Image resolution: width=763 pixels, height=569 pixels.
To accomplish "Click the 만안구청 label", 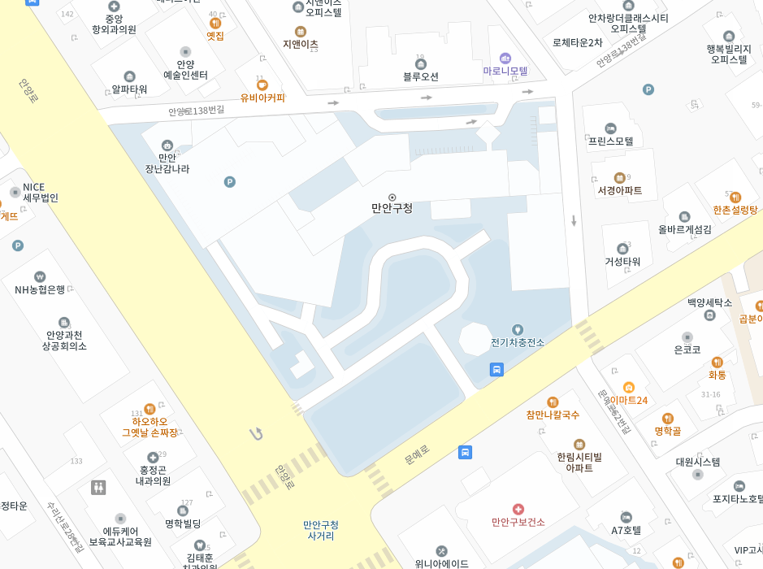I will (392, 208).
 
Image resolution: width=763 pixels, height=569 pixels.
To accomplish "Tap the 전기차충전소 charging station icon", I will (517, 329).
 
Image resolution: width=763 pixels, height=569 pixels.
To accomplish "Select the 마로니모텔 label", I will (505, 72).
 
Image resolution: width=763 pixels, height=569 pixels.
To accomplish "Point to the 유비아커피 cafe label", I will (262, 98).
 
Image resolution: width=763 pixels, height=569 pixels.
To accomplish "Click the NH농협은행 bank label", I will (40, 289).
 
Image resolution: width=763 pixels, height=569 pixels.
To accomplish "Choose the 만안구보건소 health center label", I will (518, 522).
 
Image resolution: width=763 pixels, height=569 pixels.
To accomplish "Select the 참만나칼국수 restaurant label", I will (553, 415).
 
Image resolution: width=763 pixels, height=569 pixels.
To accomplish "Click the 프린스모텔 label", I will (611, 141).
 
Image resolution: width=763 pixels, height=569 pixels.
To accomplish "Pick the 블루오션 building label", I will (421, 76).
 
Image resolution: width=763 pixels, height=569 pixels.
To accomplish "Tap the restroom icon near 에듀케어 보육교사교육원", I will (98, 487).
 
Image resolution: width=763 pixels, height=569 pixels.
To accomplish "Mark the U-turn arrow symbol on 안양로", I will (257, 434).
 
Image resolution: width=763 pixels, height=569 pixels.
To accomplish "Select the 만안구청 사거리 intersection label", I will (321, 530).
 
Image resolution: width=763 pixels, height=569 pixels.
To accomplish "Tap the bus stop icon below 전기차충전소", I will (496, 369).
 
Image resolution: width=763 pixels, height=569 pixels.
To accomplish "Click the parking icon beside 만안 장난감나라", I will (230, 182).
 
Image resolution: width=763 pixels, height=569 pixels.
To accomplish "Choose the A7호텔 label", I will (626, 530).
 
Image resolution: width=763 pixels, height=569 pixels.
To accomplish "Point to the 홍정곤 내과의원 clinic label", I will (153, 475).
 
